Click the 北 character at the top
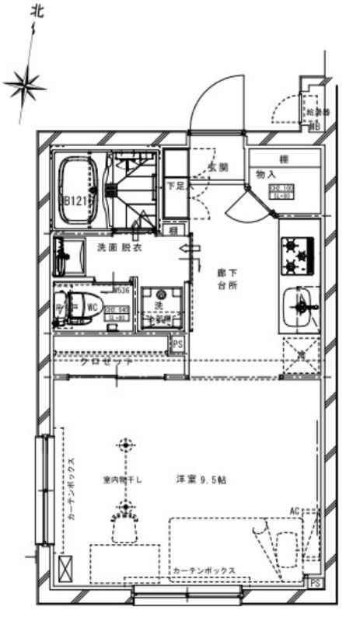click(37, 11)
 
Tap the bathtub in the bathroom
click(77, 190)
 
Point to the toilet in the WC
click(76, 305)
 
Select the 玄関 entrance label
click(218, 168)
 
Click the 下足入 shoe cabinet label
click(176, 187)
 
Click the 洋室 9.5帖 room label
click(200, 480)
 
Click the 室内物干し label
click(123, 480)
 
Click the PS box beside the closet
click(177, 343)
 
